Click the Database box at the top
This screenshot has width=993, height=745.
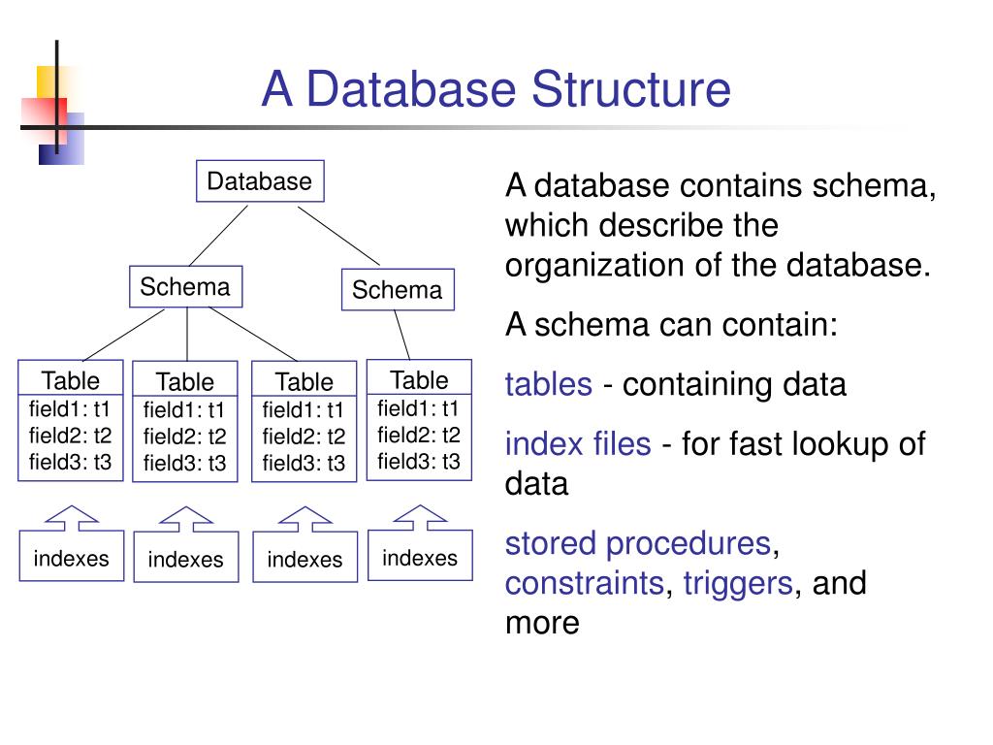point(260,181)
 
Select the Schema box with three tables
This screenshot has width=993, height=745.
point(185,287)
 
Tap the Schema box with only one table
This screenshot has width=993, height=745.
point(397,290)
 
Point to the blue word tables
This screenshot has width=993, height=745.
point(548,384)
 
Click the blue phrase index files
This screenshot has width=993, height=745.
point(578,444)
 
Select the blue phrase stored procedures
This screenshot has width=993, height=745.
point(637,543)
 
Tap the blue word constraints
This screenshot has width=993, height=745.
point(585,583)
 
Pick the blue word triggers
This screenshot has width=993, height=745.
point(737,583)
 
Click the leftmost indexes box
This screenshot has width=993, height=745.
point(72,558)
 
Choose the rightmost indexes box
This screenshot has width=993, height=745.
point(420,558)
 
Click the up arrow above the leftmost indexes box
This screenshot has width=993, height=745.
point(72,517)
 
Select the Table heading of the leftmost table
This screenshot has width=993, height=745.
point(70,378)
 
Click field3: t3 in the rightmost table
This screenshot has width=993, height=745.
point(419,461)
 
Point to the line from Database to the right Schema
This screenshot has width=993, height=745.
point(338,236)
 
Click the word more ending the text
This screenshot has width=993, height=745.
point(542,623)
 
